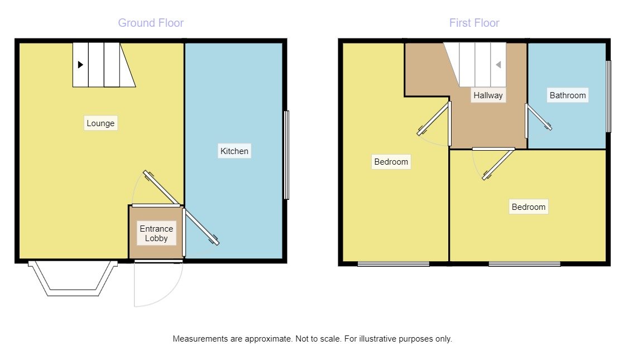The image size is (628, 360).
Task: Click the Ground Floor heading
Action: [x=151, y=23]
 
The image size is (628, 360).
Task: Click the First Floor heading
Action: [x=474, y=23]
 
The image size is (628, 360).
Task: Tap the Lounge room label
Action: [x=100, y=123]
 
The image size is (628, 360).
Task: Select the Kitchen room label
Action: [x=234, y=151]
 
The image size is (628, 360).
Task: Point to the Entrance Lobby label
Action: [x=156, y=233]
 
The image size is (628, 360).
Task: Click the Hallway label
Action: [x=488, y=95]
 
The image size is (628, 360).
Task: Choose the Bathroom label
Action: [x=568, y=95]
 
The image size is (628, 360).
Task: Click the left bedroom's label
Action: [x=391, y=162]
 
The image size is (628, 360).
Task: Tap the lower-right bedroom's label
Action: [x=529, y=207]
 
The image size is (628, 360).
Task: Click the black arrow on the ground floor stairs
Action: [x=80, y=65]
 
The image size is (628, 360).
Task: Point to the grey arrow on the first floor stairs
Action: [x=498, y=65]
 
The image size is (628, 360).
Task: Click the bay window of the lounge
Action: [x=73, y=279]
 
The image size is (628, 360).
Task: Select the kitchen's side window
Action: [x=286, y=155]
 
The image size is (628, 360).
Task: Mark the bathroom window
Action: [x=608, y=97]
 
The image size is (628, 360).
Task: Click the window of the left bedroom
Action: [x=394, y=264]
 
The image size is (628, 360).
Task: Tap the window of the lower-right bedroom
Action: [x=525, y=264]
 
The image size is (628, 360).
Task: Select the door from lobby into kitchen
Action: [x=201, y=226]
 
